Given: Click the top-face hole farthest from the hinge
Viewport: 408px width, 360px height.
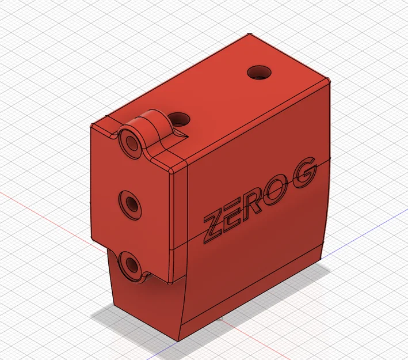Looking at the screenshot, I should [x=258, y=73].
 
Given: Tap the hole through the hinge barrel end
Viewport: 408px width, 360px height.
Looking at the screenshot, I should [x=131, y=141].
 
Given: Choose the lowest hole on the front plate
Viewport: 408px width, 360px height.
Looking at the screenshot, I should [x=132, y=266].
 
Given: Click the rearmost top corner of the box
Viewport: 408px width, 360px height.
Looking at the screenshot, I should [x=250, y=35].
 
